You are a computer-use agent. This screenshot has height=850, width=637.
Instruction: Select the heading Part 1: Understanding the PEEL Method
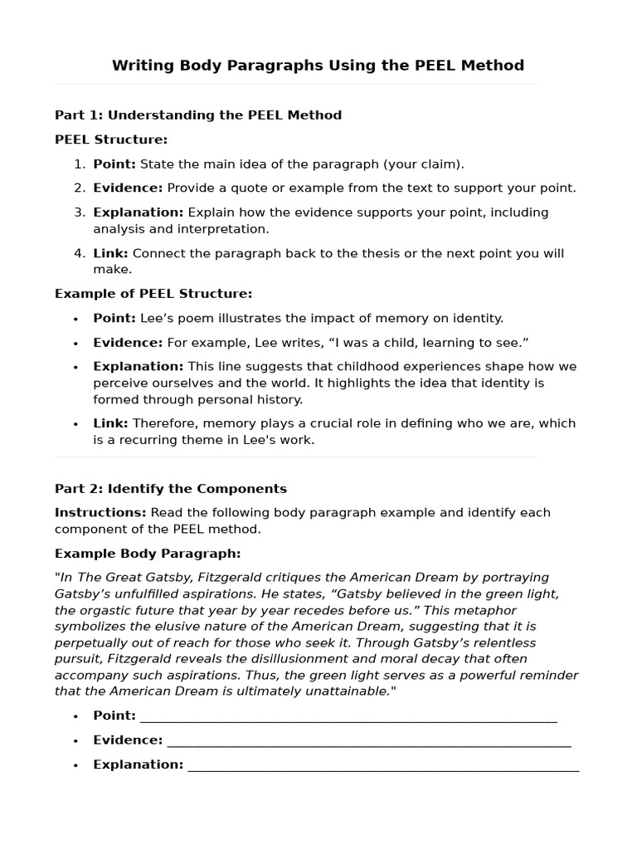(198, 115)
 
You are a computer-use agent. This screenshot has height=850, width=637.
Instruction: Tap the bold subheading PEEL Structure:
(111, 139)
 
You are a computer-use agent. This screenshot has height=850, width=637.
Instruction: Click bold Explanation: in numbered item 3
(138, 212)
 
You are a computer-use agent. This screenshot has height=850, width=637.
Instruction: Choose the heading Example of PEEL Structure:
(153, 294)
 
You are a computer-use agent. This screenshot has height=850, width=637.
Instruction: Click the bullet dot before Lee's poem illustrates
(75, 319)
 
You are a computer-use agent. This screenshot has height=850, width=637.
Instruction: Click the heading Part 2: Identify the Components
(171, 489)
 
